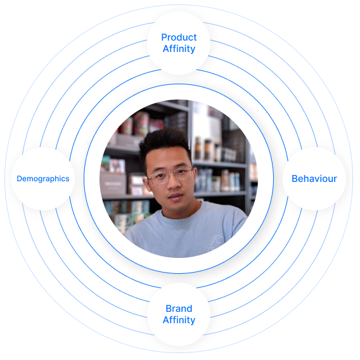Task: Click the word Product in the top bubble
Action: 179,37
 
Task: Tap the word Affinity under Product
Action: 179,49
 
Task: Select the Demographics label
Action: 43,179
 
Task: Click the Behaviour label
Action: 314,179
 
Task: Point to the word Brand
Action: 179,309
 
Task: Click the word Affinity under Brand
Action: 179,320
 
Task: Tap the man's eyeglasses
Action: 170,176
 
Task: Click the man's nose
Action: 174,184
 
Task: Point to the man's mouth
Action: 176,196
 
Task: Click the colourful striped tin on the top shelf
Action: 141,124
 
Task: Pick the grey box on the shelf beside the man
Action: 113,184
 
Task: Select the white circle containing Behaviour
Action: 314,179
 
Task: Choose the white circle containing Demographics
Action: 43,179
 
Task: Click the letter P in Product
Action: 164,37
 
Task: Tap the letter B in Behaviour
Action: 295,179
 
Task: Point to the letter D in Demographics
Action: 20,179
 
